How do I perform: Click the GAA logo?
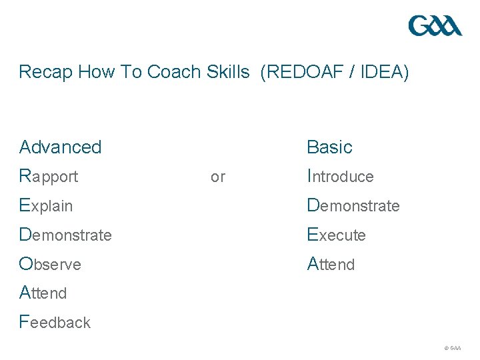point(435,26)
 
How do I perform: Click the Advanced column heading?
point(61,147)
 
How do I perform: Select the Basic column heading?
point(329,147)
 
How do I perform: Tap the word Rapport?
point(49,177)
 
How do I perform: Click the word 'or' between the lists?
point(218,177)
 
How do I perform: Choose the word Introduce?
point(340,177)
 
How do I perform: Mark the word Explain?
point(46,205)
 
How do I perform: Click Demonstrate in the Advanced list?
point(65,235)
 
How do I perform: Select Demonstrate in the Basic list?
point(353,205)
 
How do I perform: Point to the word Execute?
point(336,235)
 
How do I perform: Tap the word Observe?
point(50,264)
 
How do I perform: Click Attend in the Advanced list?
point(43,293)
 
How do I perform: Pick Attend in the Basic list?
point(331,264)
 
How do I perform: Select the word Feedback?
point(55,322)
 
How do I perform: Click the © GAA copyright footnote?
point(452,348)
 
